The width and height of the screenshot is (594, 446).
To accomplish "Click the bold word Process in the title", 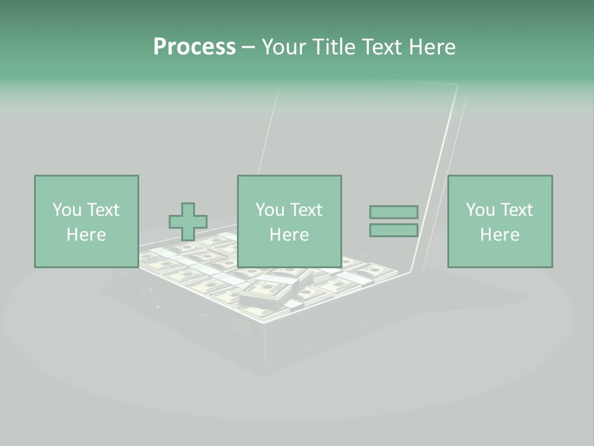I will coord(194,47).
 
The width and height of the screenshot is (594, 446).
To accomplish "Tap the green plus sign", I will coord(188,222).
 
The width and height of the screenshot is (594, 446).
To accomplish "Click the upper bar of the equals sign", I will coord(394,212).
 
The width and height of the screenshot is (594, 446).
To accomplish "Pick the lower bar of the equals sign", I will coord(394,230).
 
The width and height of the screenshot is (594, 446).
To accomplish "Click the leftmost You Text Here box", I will coord(86,221).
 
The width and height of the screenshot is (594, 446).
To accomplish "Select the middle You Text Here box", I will coord(289,221).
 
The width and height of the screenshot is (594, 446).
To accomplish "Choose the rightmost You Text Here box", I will coord(499,221).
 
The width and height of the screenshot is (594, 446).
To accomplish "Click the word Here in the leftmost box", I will coord(86,235).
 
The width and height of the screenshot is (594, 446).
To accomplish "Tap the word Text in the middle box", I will coord(306,210).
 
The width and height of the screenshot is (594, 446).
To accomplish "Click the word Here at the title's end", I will coord(433,47).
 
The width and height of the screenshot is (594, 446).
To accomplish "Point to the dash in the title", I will coord(248,47).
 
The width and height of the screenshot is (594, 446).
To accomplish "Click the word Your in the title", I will coord(282,47).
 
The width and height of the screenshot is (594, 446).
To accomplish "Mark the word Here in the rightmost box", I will coord(499,235).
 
